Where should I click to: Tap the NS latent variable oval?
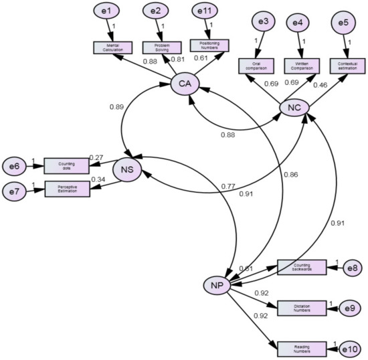pos(127,170)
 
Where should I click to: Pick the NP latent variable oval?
pos(216,285)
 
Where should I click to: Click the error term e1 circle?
pos(110,11)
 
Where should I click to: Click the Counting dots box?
pos(66,165)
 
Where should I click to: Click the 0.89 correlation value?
pos(116,106)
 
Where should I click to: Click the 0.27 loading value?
pos(98,157)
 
